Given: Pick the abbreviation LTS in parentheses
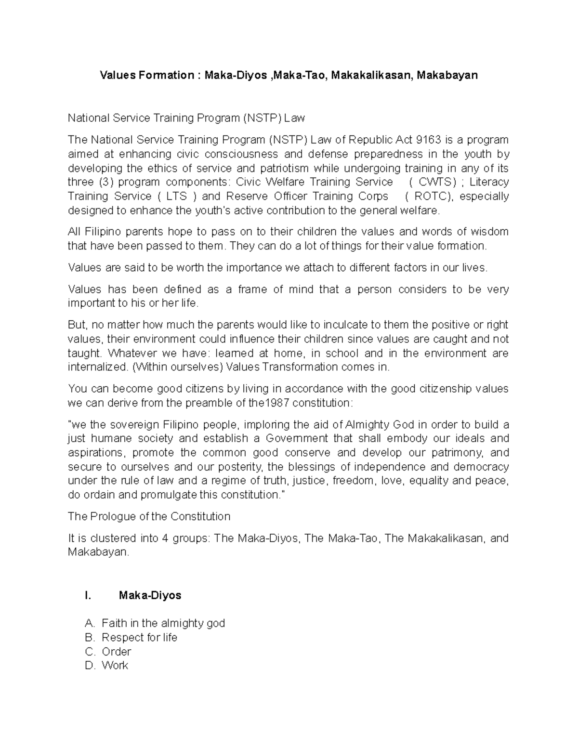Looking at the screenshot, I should coord(177,196).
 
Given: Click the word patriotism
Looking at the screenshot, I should coord(285,168).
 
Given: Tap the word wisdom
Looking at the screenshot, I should coord(489,232).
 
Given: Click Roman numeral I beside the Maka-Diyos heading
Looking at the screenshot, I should coord(87,596).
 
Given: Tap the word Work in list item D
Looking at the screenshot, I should coord(115,666).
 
